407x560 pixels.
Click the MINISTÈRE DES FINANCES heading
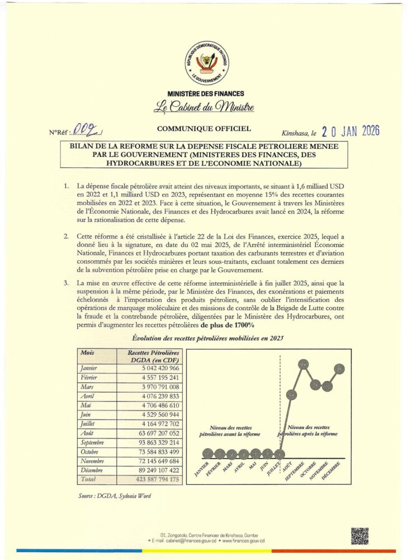click(x=206, y=94)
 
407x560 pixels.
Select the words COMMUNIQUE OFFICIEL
click(x=204, y=129)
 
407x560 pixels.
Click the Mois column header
click(x=87, y=353)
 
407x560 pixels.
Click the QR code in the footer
click(x=359, y=536)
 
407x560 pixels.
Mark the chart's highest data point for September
click(x=304, y=366)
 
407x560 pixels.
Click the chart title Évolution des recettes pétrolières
click(x=205, y=338)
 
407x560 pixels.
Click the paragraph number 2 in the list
click(x=66, y=237)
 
